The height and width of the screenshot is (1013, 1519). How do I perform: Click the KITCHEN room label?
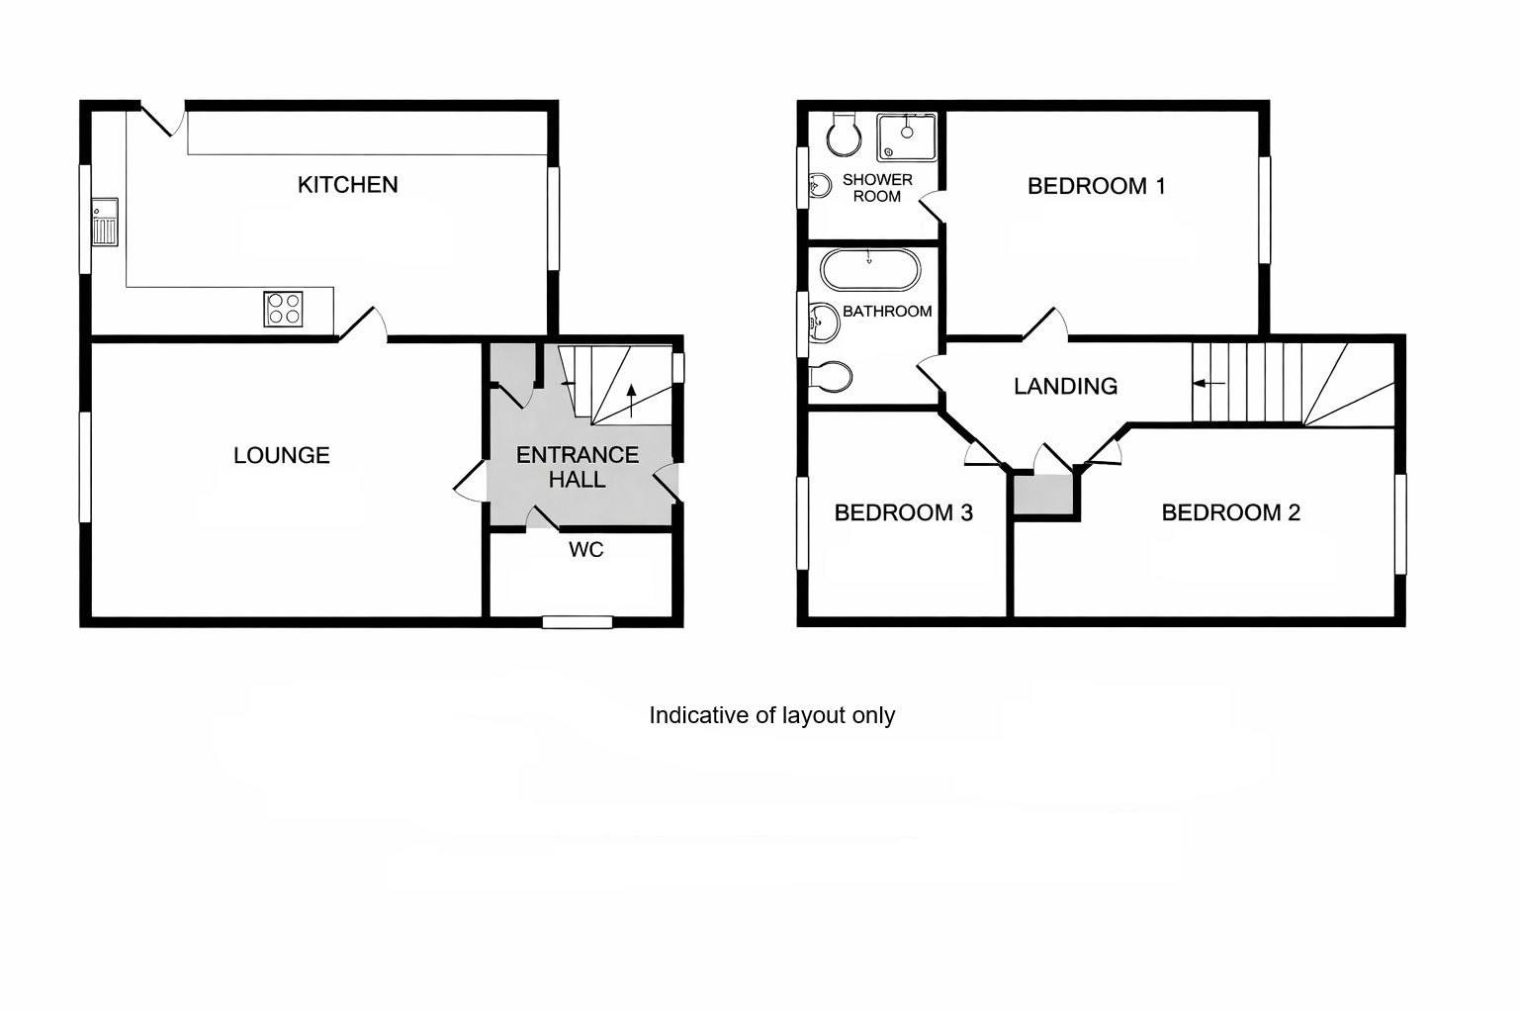347,185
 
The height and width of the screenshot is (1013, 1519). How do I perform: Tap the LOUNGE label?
282,455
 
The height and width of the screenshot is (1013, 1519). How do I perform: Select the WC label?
585,550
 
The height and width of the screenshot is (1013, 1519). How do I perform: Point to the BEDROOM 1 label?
1096,186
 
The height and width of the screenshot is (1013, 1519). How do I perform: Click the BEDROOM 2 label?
1231,512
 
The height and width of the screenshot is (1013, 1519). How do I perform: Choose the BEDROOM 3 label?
903,512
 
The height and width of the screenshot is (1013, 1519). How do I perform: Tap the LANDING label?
1065,386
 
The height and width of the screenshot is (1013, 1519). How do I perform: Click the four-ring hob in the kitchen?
284,309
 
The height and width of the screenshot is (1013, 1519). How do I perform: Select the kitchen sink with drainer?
105,222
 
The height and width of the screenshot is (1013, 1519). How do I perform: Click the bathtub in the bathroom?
870,270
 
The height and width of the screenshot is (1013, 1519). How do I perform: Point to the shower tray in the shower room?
907,138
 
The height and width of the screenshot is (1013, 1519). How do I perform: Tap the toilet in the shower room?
845,135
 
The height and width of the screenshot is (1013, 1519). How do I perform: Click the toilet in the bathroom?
830,377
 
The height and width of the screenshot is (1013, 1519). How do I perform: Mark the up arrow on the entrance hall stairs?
631,401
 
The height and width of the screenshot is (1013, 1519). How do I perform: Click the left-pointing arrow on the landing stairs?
1209,384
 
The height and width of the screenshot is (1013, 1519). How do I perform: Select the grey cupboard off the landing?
1043,495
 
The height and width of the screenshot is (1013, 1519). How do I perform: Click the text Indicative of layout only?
771,715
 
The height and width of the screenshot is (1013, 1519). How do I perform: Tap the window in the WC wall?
578,621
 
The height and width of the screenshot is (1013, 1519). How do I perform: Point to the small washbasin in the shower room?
819,185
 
